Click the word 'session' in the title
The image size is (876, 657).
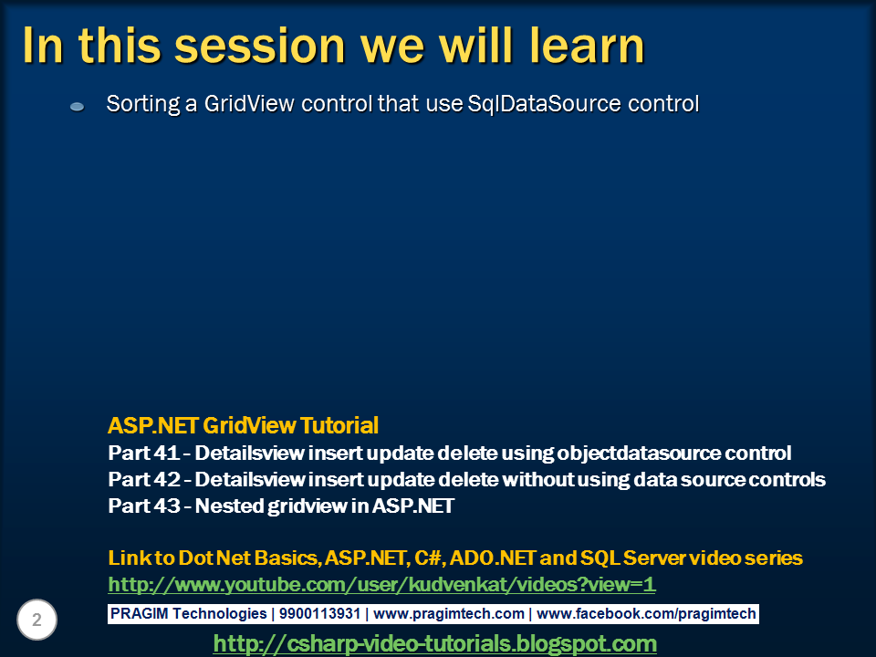[x=260, y=47]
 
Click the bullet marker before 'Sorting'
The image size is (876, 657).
[x=77, y=106]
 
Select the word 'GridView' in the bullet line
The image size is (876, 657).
[x=248, y=104]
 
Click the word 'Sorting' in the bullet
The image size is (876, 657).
[x=143, y=104]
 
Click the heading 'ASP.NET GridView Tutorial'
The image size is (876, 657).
[x=243, y=426]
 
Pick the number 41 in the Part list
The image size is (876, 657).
[x=166, y=454]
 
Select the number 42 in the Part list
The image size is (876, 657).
[x=167, y=479]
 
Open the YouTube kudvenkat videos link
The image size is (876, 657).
[x=381, y=584]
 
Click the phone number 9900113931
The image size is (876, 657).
[x=319, y=613]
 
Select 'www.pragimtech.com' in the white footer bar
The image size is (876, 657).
[x=449, y=613]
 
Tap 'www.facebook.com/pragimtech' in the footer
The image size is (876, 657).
[x=646, y=613]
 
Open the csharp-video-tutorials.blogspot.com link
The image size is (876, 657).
[x=434, y=643]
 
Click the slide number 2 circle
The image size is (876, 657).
[x=36, y=620]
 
